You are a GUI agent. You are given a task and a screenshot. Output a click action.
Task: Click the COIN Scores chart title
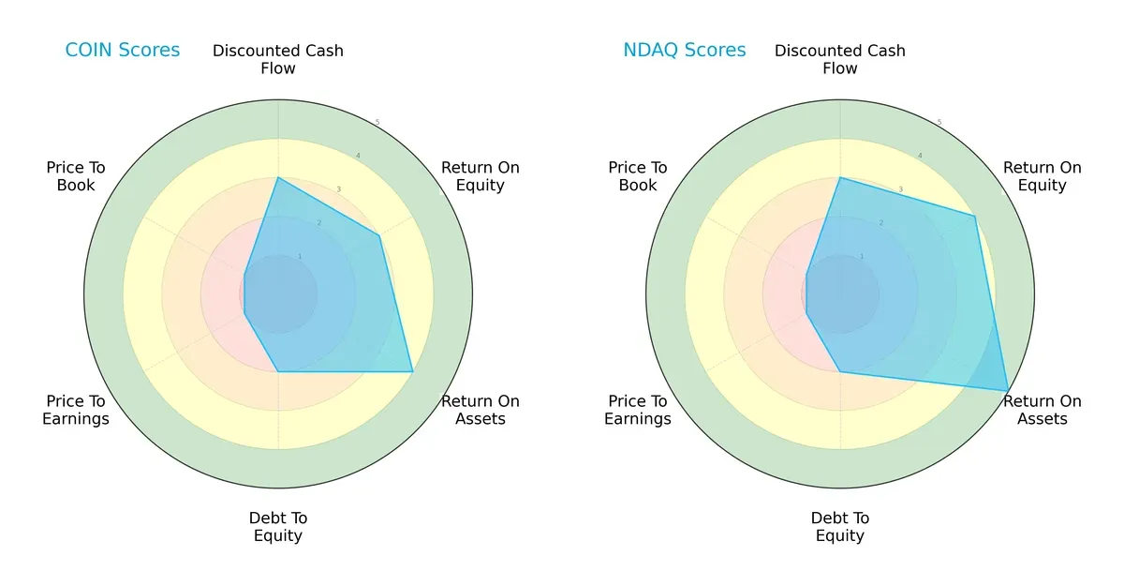click(x=122, y=51)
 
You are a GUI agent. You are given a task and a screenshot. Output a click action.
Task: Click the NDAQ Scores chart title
click(x=685, y=51)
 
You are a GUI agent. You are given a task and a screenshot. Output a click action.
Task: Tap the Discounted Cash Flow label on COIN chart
click(x=278, y=59)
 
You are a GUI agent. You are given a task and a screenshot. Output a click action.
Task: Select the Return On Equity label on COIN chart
click(x=481, y=176)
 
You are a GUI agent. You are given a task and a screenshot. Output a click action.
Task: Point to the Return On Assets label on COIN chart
click(x=481, y=410)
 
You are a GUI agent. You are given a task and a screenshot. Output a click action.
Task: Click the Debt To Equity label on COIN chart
click(x=278, y=527)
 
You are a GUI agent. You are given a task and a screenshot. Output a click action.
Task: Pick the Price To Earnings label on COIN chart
click(x=76, y=410)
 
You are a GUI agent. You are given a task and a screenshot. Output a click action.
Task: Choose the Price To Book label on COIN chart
click(x=76, y=176)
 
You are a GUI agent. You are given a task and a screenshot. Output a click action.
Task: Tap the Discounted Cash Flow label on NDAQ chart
click(x=840, y=59)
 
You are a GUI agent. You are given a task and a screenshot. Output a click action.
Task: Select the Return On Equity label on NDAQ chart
click(x=1043, y=176)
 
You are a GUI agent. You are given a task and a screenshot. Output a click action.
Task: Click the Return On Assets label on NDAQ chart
click(x=1043, y=410)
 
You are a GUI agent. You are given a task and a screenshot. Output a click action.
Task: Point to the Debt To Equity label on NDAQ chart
click(x=840, y=527)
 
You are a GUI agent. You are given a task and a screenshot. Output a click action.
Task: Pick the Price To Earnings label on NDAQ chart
click(x=638, y=410)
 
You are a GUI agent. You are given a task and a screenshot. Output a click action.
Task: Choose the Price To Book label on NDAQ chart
click(x=638, y=176)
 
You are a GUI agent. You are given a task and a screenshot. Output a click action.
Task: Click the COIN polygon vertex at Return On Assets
click(x=413, y=372)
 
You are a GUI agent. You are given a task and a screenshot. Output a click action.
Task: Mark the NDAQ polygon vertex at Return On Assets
click(x=1008, y=390)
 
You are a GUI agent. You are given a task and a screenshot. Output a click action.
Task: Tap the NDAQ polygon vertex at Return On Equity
click(x=975, y=217)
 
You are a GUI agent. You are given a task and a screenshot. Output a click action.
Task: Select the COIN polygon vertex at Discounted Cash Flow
click(x=278, y=177)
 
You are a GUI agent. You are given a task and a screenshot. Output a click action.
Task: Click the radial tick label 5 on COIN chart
click(x=377, y=122)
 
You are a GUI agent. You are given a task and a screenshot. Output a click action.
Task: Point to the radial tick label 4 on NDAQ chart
click(x=920, y=156)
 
